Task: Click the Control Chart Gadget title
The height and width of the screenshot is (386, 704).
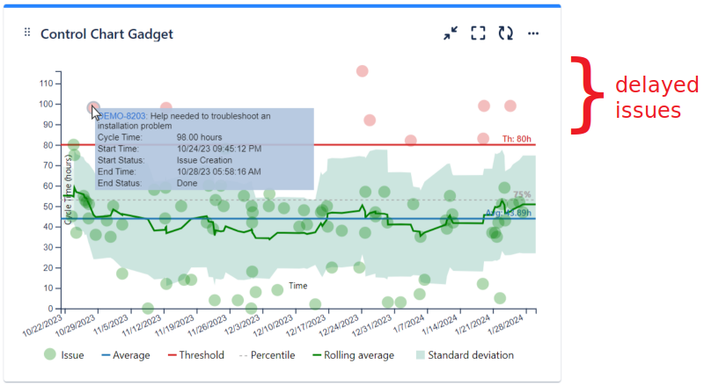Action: [x=106, y=34]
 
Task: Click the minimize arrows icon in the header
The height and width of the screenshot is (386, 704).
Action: [x=451, y=33]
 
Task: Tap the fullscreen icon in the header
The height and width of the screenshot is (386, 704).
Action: [x=478, y=33]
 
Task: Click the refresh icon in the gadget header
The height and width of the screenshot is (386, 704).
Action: [x=505, y=33]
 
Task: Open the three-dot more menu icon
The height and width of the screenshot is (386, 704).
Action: [x=532, y=33]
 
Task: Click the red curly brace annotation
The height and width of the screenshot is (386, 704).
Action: [x=583, y=96]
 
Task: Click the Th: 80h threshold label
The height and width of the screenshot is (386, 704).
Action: [x=517, y=139]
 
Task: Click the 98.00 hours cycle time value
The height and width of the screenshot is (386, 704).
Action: [x=199, y=137]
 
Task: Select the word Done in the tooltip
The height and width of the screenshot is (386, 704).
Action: [x=187, y=183]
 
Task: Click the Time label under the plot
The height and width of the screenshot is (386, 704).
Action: [x=298, y=286]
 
